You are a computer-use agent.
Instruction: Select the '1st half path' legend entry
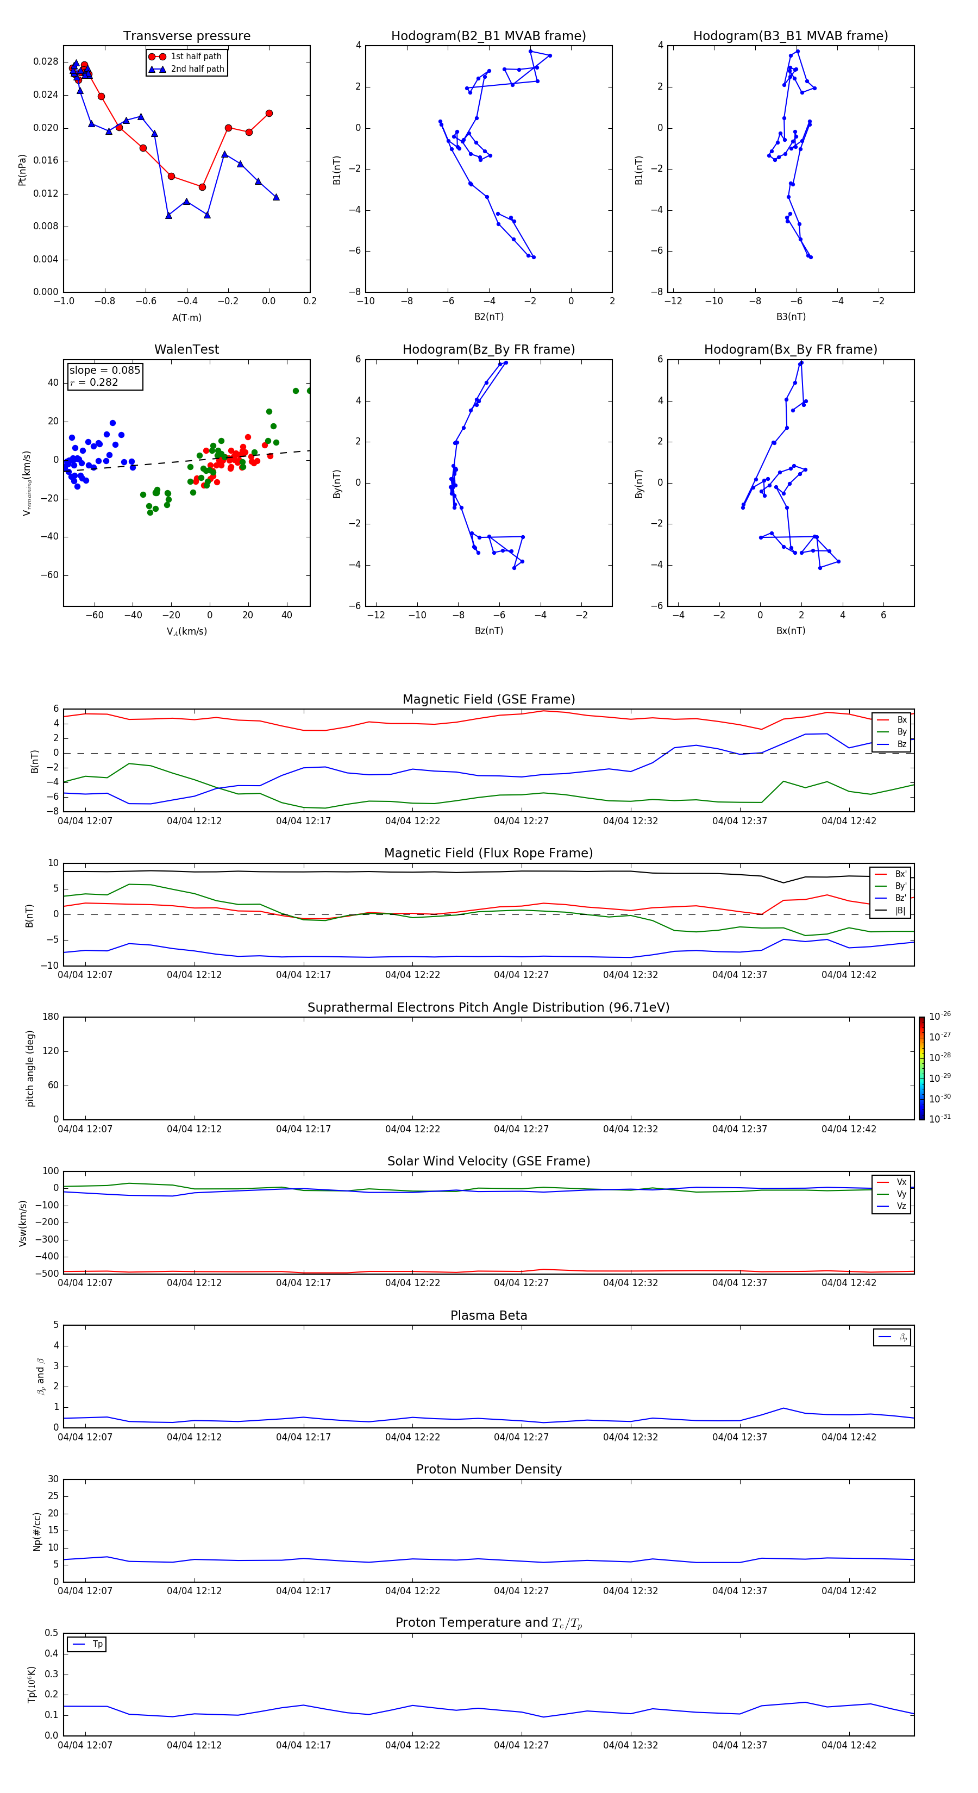tap(196, 57)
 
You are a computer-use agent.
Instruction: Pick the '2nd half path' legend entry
tap(197, 69)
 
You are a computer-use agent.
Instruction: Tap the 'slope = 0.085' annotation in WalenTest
tap(104, 371)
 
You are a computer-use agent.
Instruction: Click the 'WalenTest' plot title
tap(186, 349)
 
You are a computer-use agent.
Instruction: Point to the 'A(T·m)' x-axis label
tap(186, 317)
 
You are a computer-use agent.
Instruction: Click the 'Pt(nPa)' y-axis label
tap(22, 170)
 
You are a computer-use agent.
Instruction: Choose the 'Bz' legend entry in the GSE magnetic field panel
tap(901, 744)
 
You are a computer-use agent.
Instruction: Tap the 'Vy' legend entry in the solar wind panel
tap(901, 1194)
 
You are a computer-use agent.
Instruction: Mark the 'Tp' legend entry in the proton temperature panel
tap(97, 1644)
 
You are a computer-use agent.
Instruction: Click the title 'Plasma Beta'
tap(488, 1315)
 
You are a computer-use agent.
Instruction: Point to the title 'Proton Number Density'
tap(488, 1469)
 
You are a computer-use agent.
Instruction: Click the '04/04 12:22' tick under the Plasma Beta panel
tap(412, 1437)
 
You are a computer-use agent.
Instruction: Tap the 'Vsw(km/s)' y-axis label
tap(23, 1223)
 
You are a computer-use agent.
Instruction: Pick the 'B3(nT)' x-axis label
tap(791, 317)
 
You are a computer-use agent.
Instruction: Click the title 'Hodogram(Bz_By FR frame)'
tap(488, 349)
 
